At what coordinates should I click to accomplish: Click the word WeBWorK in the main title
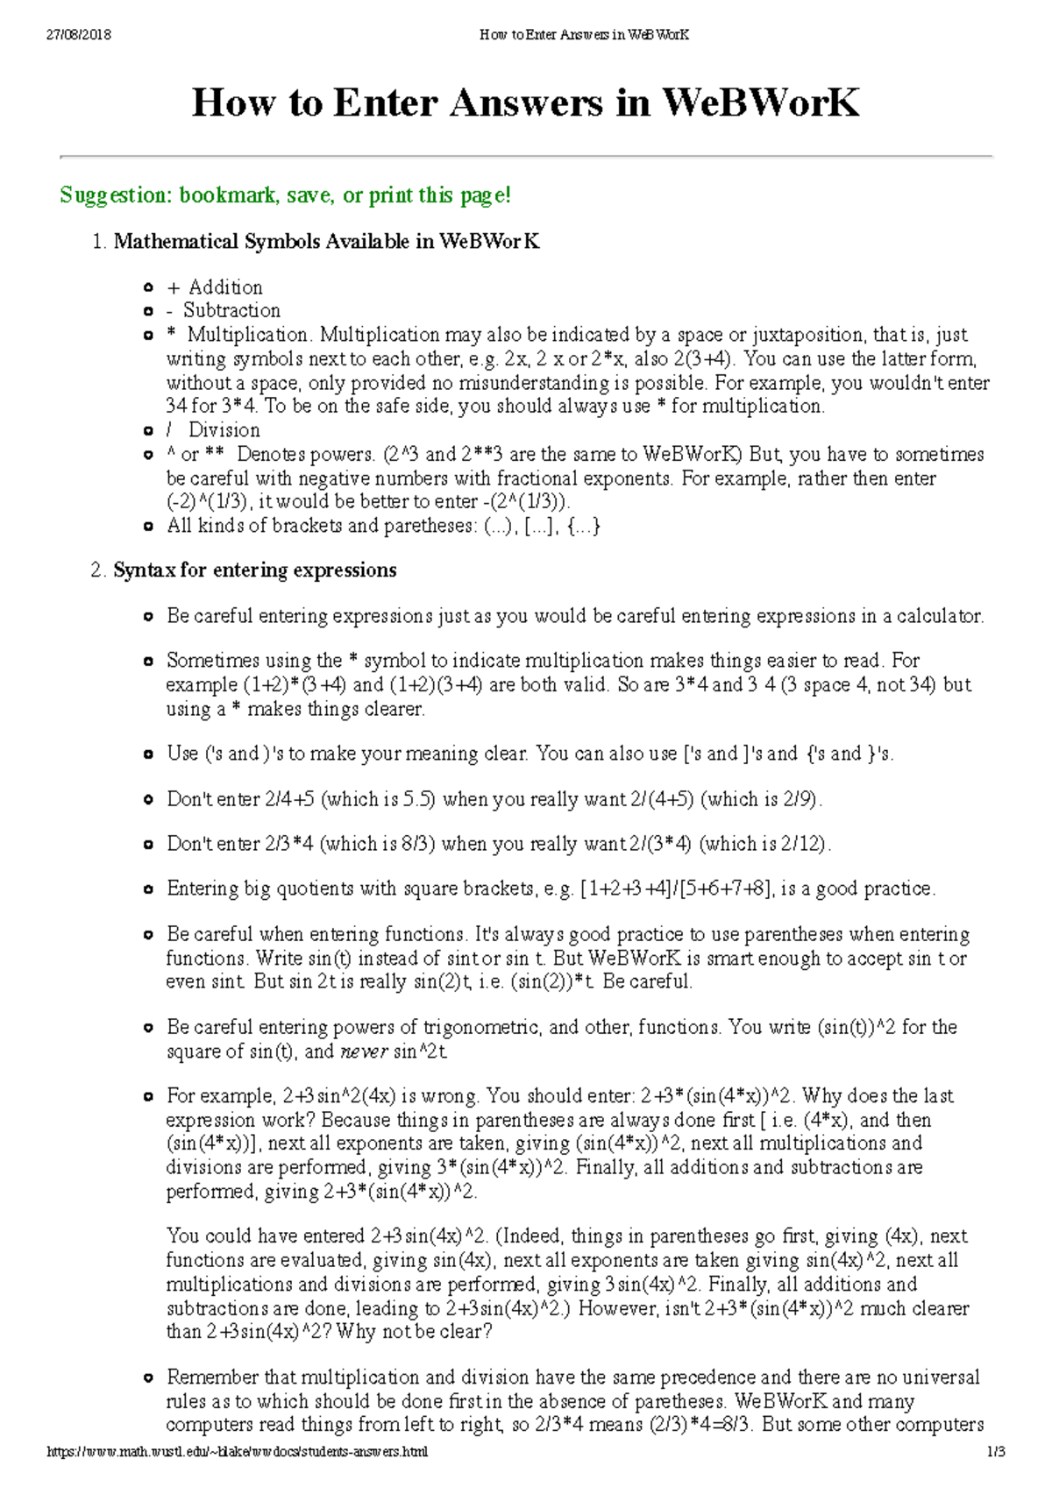click(x=759, y=103)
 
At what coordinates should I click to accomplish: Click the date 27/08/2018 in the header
click(x=78, y=35)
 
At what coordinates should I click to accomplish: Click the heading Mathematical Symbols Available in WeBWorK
click(x=326, y=242)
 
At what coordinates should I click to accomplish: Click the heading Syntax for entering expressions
click(x=254, y=570)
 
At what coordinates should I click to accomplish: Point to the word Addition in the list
click(x=225, y=287)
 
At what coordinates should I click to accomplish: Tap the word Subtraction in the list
click(x=231, y=311)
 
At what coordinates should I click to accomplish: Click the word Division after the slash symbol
click(x=224, y=430)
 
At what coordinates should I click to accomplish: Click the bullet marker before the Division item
click(x=148, y=431)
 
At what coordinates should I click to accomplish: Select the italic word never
click(x=363, y=1052)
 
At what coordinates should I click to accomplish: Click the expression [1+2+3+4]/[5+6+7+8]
click(x=677, y=889)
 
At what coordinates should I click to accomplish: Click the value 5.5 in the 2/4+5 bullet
click(x=418, y=800)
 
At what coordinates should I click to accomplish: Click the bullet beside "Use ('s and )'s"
click(x=148, y=754)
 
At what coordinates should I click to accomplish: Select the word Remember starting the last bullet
click(x=214, y=1377)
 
